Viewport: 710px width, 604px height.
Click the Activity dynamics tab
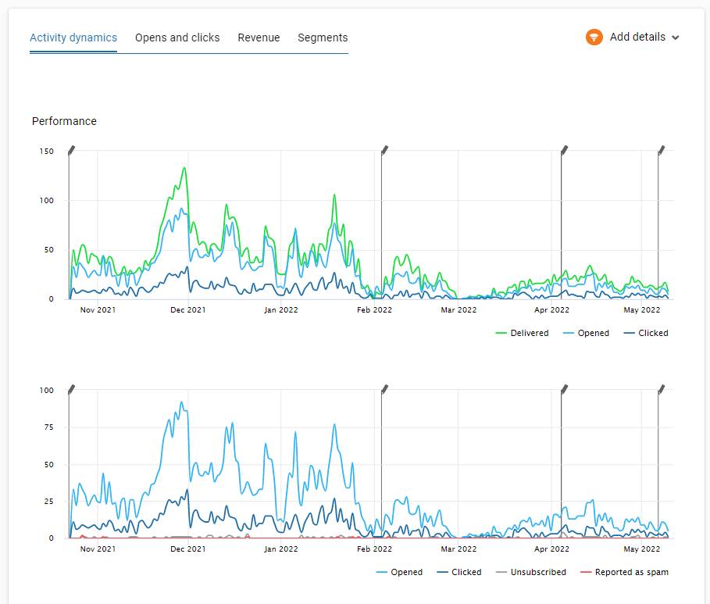[73, 38]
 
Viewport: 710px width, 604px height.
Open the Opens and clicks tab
[177, 38]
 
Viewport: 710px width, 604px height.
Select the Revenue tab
[259, 38]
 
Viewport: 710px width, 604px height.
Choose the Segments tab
[323, 38]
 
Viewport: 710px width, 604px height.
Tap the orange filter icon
[594, 38]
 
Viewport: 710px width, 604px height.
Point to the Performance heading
[64, 121]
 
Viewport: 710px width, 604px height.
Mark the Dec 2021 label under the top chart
[188, 310]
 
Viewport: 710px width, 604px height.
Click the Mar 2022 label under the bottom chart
[458, 549]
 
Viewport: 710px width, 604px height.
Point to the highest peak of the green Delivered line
[184, 168]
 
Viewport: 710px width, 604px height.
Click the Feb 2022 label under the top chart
[374, 310]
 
